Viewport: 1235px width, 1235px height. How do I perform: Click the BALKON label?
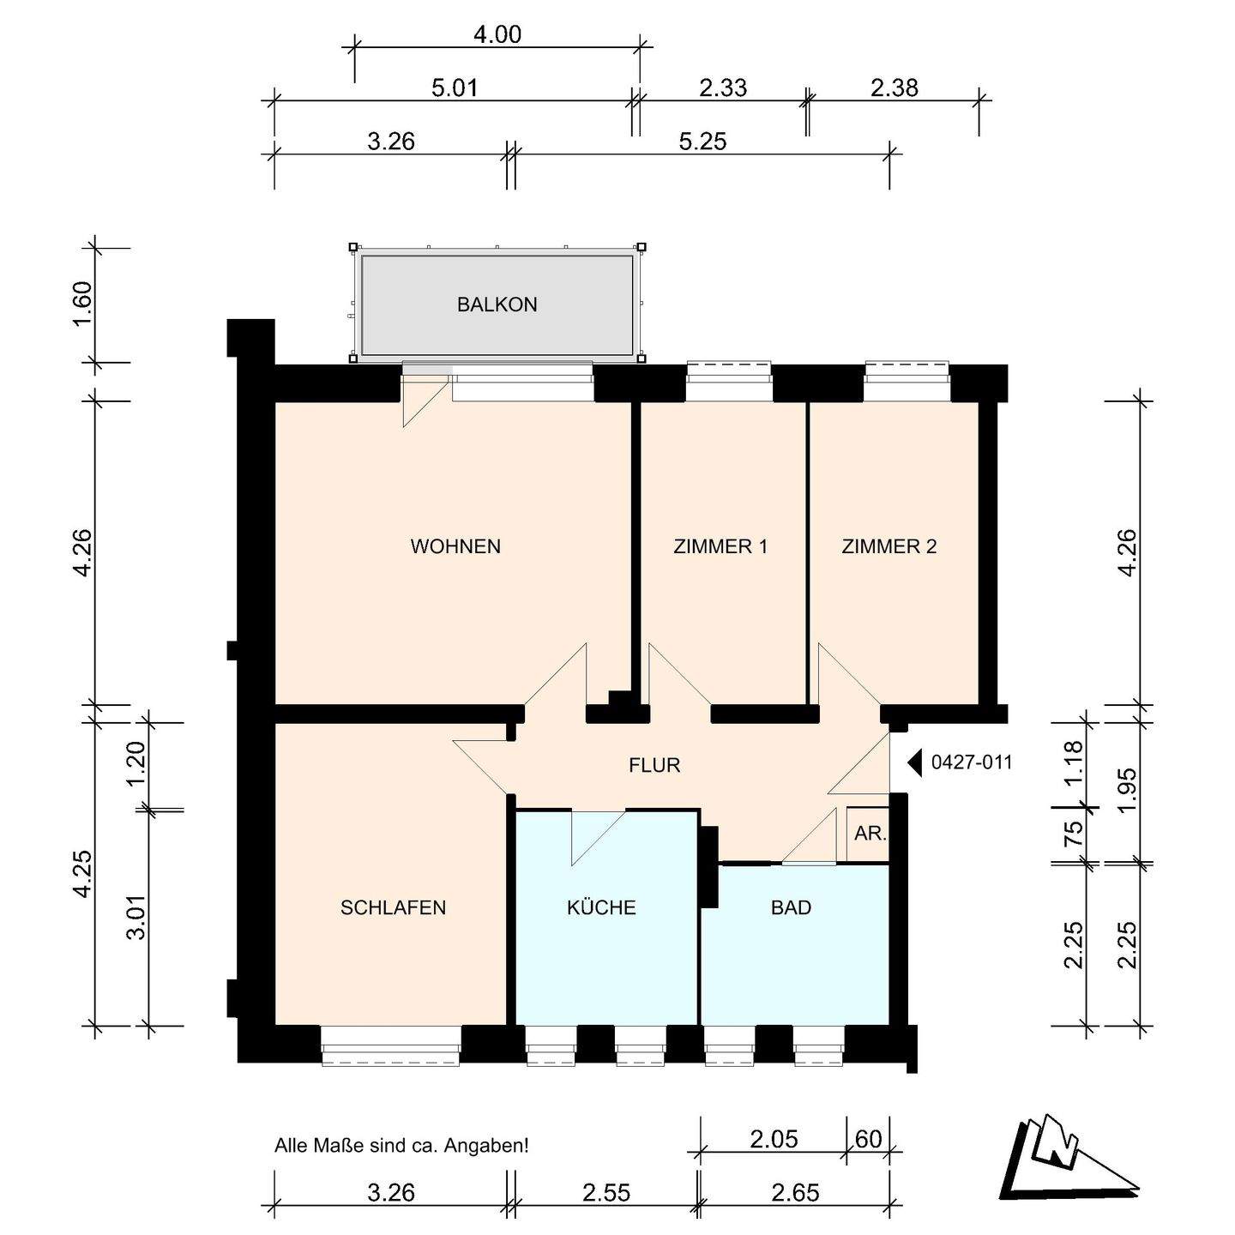[x=497, y=304]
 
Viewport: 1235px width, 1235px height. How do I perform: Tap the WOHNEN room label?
[x=455, y=546]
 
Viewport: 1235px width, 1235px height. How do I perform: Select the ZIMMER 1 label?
[x=720, y=546]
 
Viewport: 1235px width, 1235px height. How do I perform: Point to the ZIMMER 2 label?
[x=889, y=546]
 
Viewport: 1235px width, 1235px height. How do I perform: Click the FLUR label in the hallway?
[x=654, y=765]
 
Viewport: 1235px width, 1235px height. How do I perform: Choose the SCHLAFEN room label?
[x=393, y=907]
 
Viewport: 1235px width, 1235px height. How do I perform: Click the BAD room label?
[x=791, y=907]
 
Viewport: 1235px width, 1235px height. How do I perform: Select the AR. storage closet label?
[x=870, y=834]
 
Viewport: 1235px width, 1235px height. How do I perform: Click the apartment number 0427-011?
[x=972, y=762]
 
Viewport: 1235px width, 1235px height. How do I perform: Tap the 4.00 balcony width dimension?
[x=497, y=34]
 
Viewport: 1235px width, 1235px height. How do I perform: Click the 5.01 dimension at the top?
[x=455, y=87]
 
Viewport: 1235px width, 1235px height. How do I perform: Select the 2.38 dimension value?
[x=894, y=87]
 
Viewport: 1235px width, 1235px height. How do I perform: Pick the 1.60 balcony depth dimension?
[x=82, y=304]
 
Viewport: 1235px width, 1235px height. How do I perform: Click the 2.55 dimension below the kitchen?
[x=606, y=1193]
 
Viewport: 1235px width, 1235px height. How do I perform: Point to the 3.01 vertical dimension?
[x=136, y=917]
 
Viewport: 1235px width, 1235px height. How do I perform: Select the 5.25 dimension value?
[x=702, y=142]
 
